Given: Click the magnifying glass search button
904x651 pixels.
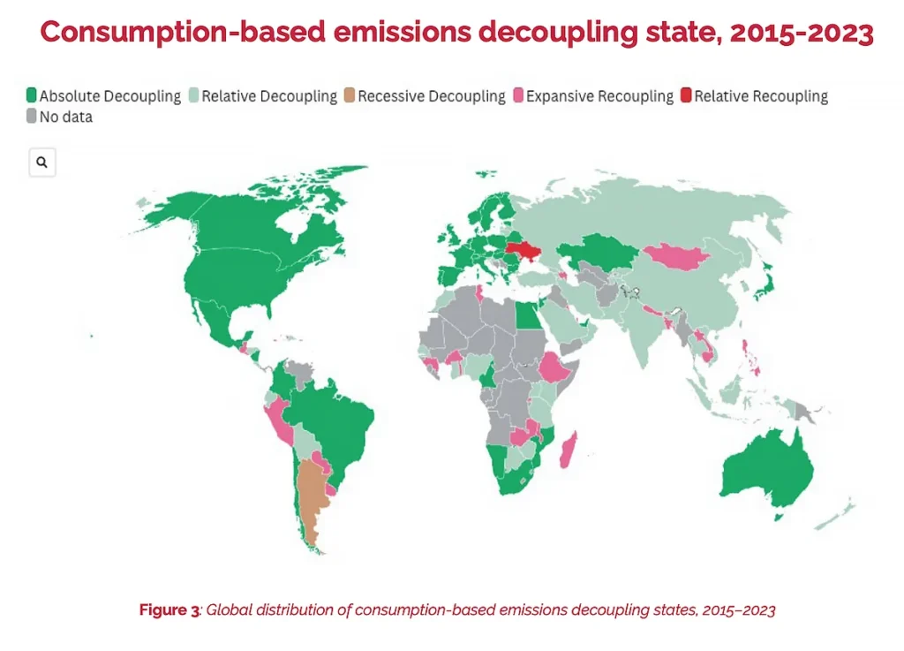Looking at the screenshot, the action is coord(42,163).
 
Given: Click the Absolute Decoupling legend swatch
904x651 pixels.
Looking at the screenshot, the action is coord(32,95).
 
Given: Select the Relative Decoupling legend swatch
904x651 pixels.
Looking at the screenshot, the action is coord(193,95).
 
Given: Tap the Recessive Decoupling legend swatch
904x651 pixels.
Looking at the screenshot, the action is coord(350,95).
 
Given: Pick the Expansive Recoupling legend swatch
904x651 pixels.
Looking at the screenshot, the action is coord(518,95).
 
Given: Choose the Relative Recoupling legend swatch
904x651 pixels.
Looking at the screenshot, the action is coord(685,95).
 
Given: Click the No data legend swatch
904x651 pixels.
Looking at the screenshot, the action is coord(32,116).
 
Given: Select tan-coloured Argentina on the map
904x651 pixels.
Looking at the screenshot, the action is coord(312,496).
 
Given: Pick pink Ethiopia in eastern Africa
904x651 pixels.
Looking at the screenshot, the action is coord(555,367).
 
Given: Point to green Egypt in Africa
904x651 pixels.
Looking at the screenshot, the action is coord(529,316).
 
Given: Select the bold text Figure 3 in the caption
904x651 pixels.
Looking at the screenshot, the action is coord(169,610).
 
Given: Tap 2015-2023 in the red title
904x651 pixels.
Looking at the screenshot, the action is coord(802,32).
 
